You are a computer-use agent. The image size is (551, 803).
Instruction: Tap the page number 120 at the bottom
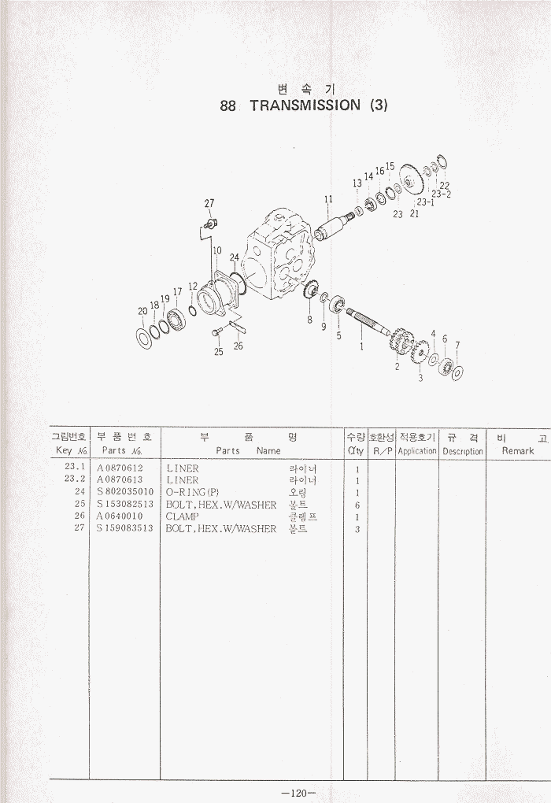(298, 793)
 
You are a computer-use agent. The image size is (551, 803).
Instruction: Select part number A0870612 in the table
(120, 468)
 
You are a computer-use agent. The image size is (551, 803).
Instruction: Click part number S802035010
(125, 492)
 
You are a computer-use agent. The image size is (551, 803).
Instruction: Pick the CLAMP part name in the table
(182, 516)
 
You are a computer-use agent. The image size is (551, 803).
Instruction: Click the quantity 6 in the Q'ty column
(357, 505)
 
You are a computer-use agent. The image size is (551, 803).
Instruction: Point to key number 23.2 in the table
(75, 479)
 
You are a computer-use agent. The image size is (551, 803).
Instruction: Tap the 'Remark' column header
(518, 451)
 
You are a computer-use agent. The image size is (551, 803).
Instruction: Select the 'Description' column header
(462, 452)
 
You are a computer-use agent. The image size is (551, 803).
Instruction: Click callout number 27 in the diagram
(209, 203)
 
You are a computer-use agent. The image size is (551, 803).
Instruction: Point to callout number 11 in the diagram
(328, 198)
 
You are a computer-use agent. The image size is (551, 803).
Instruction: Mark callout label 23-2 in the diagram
(441, 194)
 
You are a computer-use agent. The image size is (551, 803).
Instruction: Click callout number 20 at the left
(143, 310)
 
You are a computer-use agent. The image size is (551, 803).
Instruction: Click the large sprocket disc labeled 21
(413, 179)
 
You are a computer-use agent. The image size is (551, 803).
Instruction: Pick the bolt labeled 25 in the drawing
(216, 333)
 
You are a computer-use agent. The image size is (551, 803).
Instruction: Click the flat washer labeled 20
(145, 338)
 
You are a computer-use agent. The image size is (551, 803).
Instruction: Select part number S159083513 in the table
(125, 528)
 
